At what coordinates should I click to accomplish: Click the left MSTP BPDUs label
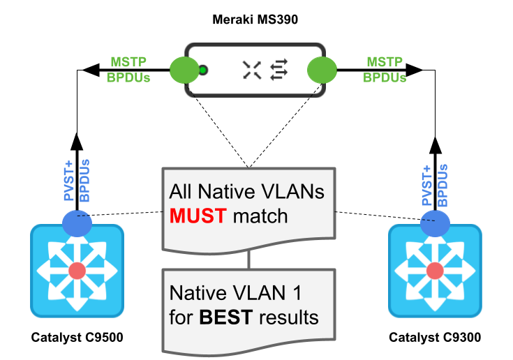(128, 70)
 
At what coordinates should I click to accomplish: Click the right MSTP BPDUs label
(385, 70)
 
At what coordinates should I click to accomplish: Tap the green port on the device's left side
(184, 70)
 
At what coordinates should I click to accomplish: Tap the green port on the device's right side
(322, 70)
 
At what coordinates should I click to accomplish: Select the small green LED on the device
(202, 70)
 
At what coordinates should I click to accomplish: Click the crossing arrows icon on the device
(252, 69)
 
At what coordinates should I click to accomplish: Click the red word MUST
(198, 216)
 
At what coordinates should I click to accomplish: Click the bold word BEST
(226, 318)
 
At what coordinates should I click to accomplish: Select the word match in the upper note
(260, 216)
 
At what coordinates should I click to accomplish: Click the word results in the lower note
(288, 318)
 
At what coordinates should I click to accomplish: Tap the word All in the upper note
(183, 192)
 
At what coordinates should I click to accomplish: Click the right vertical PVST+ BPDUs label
(434, 186)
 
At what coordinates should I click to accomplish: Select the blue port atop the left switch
(77, 222)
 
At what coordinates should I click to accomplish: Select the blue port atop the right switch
(435, 222)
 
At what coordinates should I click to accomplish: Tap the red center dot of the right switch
(435, 270)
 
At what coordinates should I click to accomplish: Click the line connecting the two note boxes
(249, 260)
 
